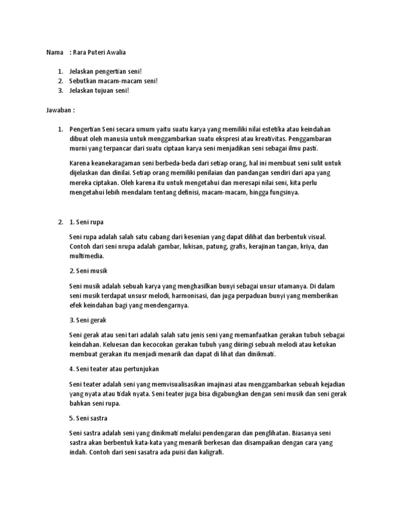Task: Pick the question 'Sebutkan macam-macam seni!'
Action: pyautogui.click(x=107, y=81)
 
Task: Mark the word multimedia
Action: pyautogui.click(x=86, y=256)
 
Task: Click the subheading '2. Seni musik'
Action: pyautogui.click(x=88, y=270)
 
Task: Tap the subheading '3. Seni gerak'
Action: pyautogui.click(x=87, y=319)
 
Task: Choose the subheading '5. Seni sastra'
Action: pyautogui.click(x=88, y=418)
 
